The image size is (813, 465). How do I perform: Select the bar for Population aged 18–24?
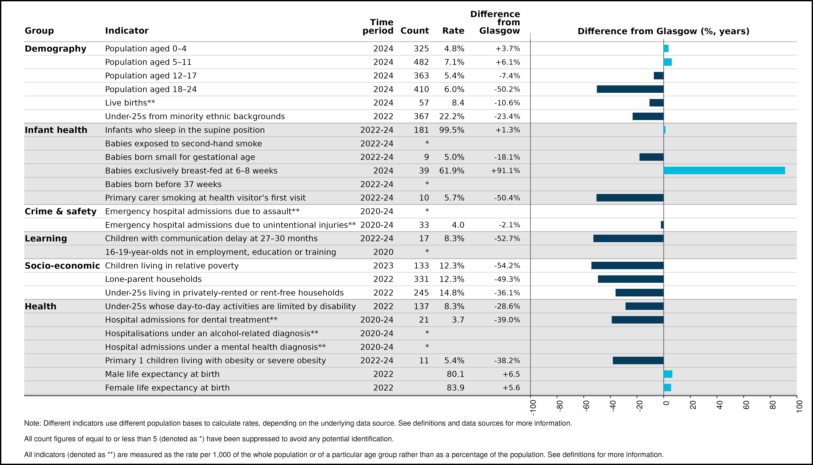[630, 89]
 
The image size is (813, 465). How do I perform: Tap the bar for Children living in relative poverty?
[627, 265]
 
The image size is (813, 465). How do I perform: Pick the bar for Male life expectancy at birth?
[668, 374]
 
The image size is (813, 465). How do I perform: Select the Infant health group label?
[56, 130]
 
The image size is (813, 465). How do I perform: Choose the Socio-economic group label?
[62, 266]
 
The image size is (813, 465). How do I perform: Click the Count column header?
[414, 31]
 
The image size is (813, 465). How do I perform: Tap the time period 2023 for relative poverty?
[383, 266]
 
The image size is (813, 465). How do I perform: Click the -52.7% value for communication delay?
[507, 238]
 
